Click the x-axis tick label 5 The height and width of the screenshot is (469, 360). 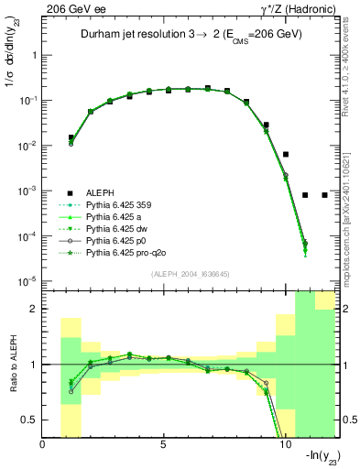point(163,446)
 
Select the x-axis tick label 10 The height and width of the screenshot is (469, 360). point(284,446)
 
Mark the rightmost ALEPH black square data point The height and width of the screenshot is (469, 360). point(325,195)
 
